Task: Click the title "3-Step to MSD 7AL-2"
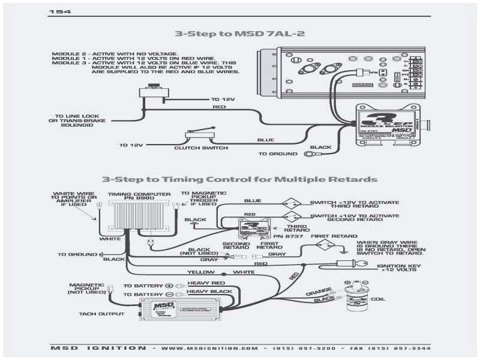click(239, 34)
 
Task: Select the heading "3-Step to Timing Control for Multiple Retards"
click(239, 179)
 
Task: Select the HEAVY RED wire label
click(206, 283)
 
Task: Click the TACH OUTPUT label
click(101, 313)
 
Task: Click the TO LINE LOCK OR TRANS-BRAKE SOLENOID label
click(79, 120)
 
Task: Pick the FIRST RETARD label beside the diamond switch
click(331, 236)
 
